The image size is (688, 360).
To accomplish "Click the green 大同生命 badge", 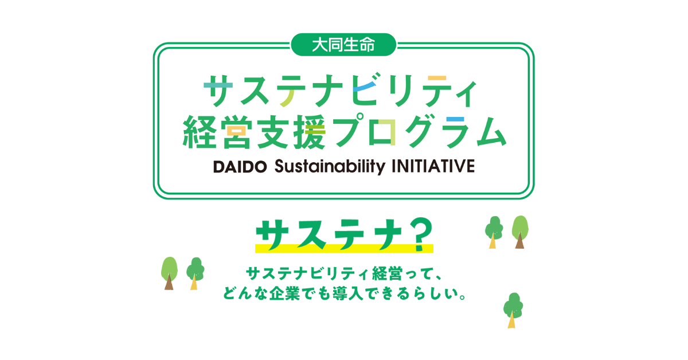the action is pos(343,45).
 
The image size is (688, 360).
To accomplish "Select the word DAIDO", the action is pos(240,167).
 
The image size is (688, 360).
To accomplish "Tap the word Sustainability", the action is pos(330,166).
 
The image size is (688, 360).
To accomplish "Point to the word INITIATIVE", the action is pos(433,166).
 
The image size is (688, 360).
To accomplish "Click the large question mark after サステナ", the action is pos(420,234).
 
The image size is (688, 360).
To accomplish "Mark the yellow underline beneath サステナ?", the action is pos(344,248).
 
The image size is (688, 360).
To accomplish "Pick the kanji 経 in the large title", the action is pos(200,132).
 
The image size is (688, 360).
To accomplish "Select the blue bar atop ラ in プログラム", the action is pos(455,119).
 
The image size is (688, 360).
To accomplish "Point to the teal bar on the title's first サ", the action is pos(218,85).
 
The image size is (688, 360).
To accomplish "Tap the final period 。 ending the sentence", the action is pos(462,297).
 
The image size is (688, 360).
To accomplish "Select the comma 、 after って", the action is pos(437,277).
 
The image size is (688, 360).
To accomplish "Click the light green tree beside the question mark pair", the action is pos(520,232).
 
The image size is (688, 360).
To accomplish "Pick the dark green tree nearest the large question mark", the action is pos(494,232).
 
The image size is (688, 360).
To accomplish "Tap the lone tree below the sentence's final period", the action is pos(513,311).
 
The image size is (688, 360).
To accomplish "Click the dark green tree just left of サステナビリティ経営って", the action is pos(196,273).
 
